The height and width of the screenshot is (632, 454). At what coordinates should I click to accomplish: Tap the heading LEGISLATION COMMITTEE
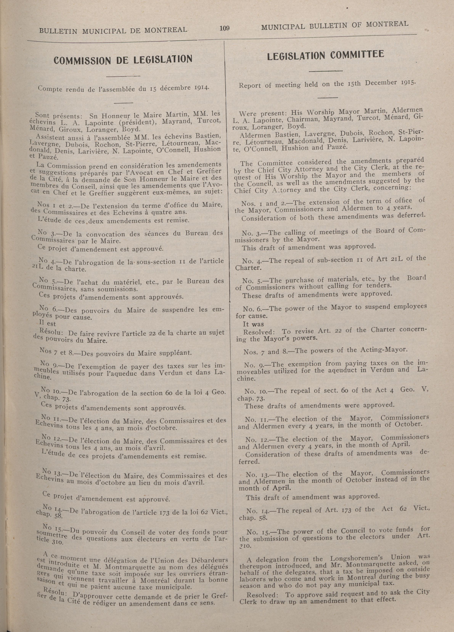tap(325, 55)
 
